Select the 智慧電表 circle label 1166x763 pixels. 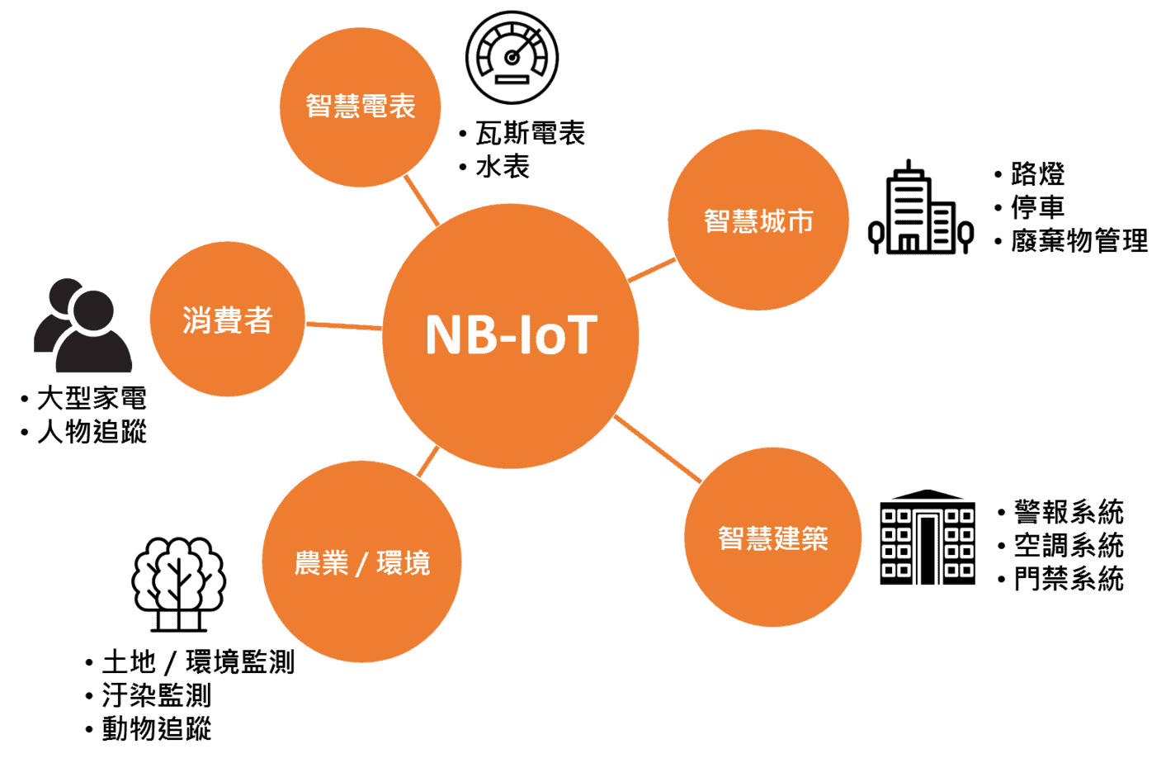coord(361,107)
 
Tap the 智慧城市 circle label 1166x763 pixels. coord(758,220)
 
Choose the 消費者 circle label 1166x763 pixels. coord(227,320)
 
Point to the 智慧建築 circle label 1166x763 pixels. coord(772,538)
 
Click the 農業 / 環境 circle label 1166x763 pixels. coord(362,563)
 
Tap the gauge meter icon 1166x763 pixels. coord(512,57)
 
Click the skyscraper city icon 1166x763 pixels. coord(920,207)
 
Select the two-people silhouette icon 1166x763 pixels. coord(83,325)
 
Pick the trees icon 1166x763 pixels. coord(178,584)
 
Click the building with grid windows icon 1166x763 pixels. coord(927,537)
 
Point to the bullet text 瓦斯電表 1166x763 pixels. coord(531,133)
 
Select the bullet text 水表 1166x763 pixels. coord(503,167)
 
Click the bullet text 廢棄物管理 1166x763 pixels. coord(1079,240)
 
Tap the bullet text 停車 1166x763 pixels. coord(1038,207)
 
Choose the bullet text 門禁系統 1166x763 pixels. coord(1069,578)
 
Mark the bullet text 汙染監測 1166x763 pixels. coord(156,695)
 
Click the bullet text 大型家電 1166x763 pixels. coord(92,398)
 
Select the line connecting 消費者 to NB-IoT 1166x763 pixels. coord(344,326)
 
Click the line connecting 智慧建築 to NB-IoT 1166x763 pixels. coord(658,448)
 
